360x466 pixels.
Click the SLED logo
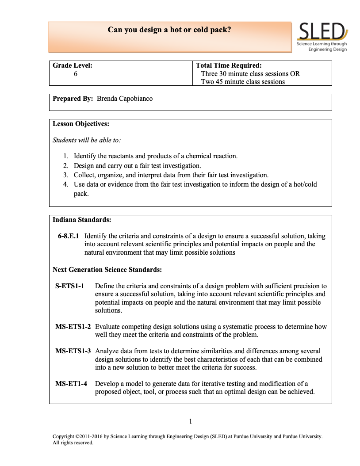click(x=322, y=37)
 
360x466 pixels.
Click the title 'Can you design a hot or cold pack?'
click(x=169, y=30)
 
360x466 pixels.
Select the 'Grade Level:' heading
click(x=73, y=65)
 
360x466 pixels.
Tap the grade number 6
click(x=76, y=74)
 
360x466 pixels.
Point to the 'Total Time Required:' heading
click(x=229, y=65)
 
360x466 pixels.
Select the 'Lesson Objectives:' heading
click(x=81, y=124)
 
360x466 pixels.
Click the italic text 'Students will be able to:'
click(x=87, y=140)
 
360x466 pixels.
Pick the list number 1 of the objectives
click(x=65, y=156)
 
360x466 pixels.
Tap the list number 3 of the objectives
click(x=65, y=175)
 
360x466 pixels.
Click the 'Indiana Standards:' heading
click(x=82, y=219)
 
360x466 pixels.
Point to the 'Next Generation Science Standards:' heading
click(x=107, y=269)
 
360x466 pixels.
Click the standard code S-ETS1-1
click(x=69, y=286)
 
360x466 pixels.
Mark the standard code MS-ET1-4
click(x=71, y=383)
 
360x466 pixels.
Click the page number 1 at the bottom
click(x=190, y=421)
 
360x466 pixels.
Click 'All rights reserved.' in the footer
click(x=73, y=442)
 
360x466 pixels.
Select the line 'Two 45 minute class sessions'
click(x=243, y=81)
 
